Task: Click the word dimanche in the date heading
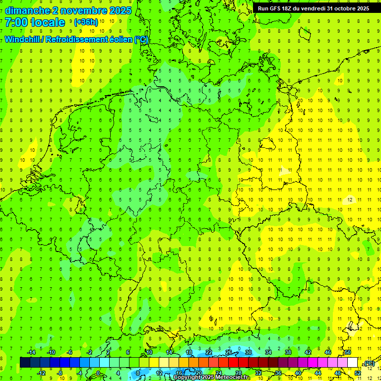coord(27,10)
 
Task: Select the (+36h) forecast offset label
coord(86,22)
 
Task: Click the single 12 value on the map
coord(350,199)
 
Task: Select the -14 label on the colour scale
coord(31,352)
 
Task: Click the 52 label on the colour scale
coord(357,373)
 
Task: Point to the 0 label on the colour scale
coord(98,373)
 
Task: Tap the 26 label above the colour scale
coord(229,352)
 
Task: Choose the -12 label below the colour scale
coord(42,373)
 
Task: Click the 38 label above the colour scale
coord(288,352)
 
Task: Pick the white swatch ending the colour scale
coord(352,363)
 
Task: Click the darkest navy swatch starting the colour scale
coord(25,363)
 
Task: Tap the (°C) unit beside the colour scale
coord(369,364)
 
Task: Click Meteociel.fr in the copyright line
coord(233,378)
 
